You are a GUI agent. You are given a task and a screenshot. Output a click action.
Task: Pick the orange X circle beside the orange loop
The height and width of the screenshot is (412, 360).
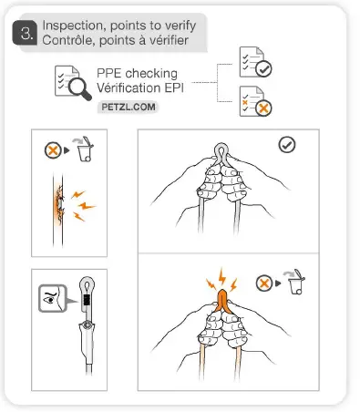(x=264, y=282)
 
